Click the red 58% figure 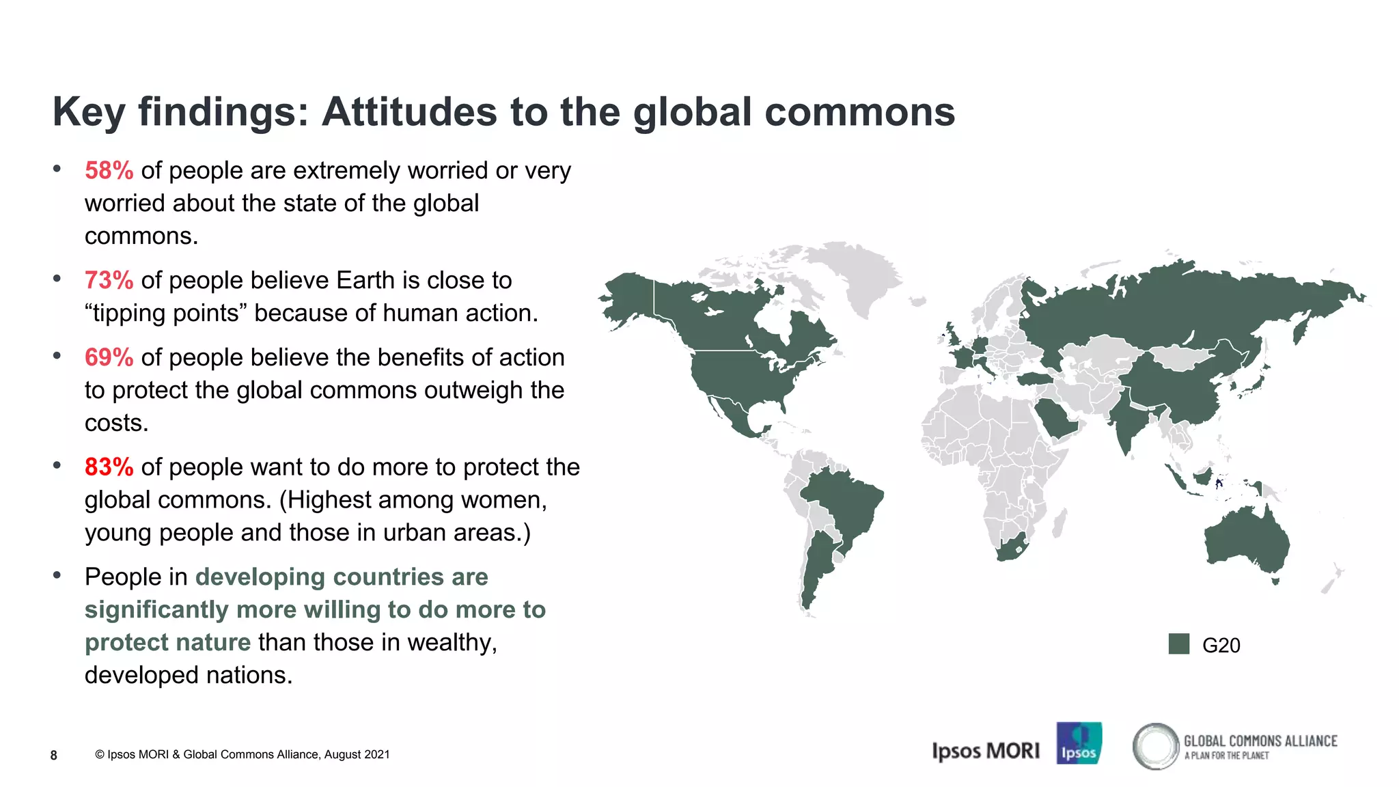(x=109, y=171)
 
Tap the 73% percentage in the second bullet (x=109, y=281)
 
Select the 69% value (x=109, y=358)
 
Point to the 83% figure (x=109, y=467)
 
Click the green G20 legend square (x=1178, y=644)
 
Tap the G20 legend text (x=1221, y=646)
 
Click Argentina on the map (x=816, y=567)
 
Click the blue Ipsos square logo (x=1079, y=743)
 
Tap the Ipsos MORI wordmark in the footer (x=986, y=751)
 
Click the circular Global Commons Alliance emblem (x=1155, y=746)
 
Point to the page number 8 (x=54, y=755)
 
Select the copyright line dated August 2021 (x=243, y=755)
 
